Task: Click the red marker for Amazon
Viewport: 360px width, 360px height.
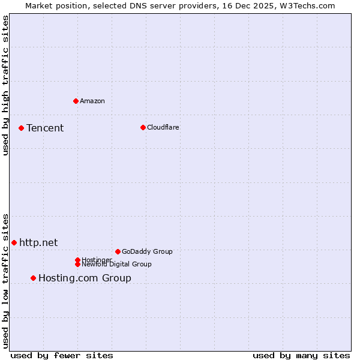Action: click(x=76, y=101)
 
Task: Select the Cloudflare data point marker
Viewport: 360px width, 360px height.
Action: click(x=143, y=127)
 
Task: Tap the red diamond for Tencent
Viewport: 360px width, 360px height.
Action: click(x=21, y=128)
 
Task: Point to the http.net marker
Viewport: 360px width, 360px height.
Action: click(x=14, y=242)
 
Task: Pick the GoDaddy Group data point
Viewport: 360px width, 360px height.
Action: click(x=118, y=251)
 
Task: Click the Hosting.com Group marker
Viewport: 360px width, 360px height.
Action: click(x=33, y=278)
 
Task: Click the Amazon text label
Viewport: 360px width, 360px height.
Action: click(x=92, y=101)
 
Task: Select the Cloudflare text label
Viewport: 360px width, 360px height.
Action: click(x=163, y=127)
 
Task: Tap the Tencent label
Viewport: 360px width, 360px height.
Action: click(x=45, y=128)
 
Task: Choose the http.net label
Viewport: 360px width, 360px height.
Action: click(x=38, y=242)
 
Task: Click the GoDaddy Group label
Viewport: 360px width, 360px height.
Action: click(x=147, y=251)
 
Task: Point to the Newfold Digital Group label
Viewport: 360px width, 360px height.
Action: click(x=116, y=264)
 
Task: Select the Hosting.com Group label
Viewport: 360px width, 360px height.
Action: click(x=85, y=278)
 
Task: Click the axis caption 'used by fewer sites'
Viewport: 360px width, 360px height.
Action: click(x=62, y=355)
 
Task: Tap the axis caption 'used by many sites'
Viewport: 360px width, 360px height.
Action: click(x=301, y=355)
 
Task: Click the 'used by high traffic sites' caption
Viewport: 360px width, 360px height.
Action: click(x=6, y=85)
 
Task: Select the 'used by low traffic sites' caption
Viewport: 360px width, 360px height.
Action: click(x=6, y=280)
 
